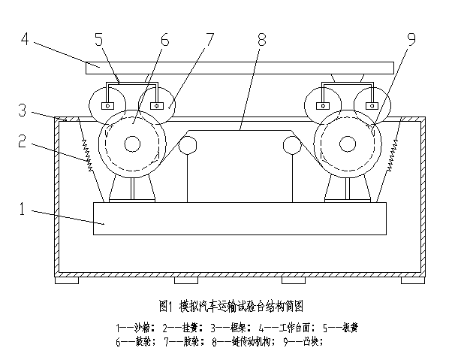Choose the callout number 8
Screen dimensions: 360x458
coord(262,38)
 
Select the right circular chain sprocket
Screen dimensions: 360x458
coord(292,146)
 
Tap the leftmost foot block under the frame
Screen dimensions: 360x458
coord(66,280)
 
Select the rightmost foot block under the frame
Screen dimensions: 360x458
coord(412,280)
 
